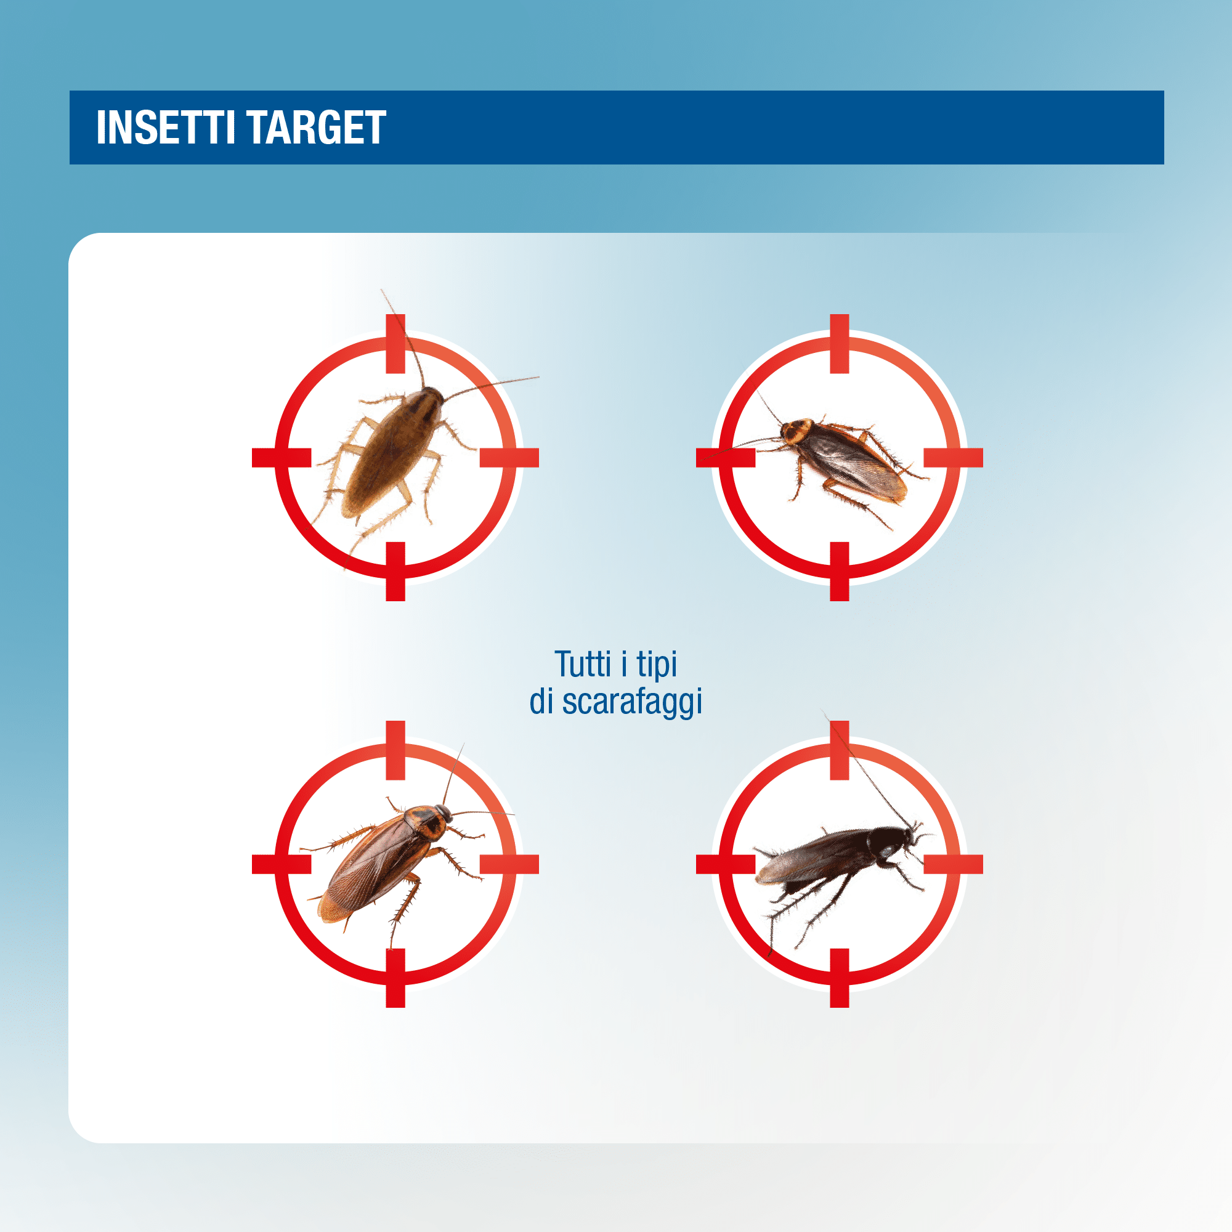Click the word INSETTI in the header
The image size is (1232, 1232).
tap(166, 128)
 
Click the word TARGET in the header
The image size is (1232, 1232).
tap(316, 128)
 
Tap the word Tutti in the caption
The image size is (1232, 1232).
tap(583, 664)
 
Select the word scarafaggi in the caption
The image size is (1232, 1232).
tap(632, 702)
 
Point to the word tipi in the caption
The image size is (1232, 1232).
tap(657, 665)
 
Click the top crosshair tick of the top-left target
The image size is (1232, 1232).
tap(395, 344)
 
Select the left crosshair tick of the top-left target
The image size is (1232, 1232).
tap(282, 458)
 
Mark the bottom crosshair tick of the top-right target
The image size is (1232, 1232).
tap(839, 572)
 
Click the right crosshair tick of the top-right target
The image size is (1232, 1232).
tap(954, 458)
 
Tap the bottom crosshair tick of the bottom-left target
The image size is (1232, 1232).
tap(395, 978)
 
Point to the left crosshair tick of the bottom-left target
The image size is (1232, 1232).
tap(282, 864)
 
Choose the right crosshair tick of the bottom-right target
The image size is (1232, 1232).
tap(954, 864)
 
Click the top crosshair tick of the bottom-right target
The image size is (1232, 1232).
tap(839, 750)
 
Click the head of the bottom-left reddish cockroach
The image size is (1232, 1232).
tap(442, 814)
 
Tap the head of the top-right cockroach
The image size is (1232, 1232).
tap(785, 432)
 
